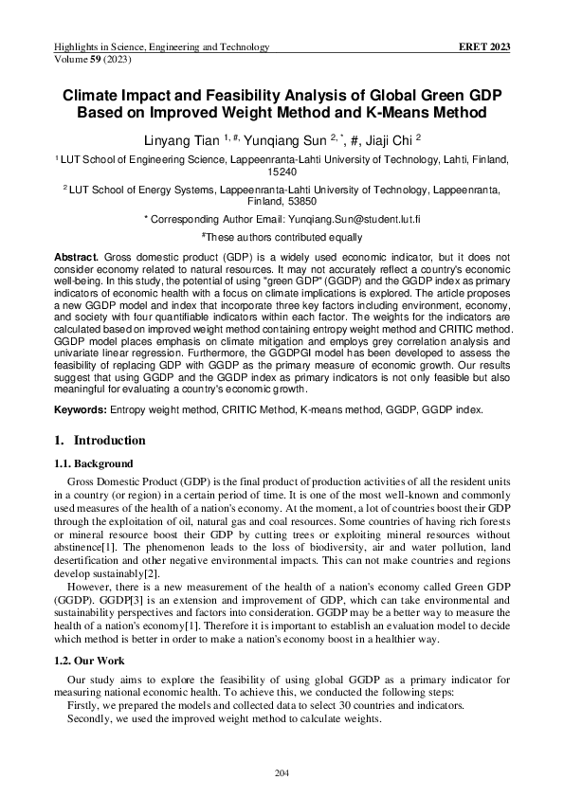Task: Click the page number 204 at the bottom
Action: pos(282,774)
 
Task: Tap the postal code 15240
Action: pos(282,172)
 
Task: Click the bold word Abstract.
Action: pos(78,257)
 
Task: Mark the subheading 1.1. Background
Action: pos(92,463)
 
